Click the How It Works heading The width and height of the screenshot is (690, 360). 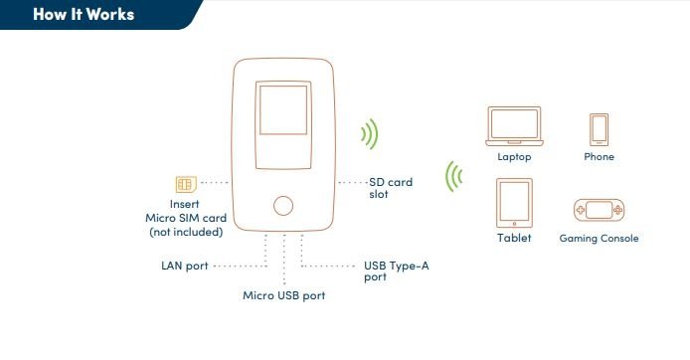pos(84,14)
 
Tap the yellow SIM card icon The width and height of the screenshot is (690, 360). pos(186,184)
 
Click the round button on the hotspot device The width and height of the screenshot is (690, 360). pos(283,206)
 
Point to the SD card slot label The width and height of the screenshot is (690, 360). pos(391,188)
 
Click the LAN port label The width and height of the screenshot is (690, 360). pos(185,266)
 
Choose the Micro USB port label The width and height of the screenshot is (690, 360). pos(283,295)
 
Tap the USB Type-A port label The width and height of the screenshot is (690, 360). pos(396,271)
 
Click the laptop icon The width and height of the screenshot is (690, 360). pos(514,126)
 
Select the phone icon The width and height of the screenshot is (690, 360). pos(599,130)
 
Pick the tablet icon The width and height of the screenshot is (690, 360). pos(514,203)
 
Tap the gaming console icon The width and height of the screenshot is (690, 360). pos(599,210)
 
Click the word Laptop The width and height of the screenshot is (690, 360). pos(514,157)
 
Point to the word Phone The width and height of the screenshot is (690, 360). pos(599,157)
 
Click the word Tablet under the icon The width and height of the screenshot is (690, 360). pos(514,238)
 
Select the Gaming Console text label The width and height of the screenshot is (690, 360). pos(599,238)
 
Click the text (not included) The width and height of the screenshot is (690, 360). pos(186,232)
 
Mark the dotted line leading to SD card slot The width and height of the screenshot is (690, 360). pos(353,182)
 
